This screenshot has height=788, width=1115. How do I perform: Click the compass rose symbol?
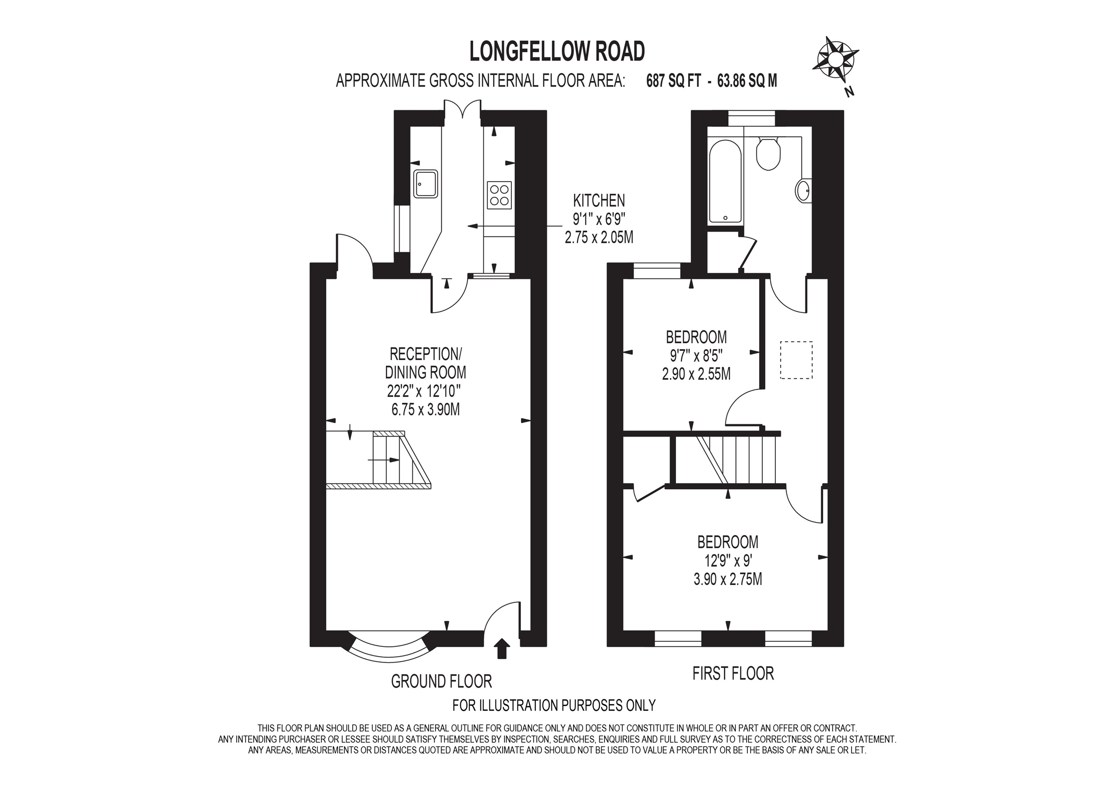(835, 59)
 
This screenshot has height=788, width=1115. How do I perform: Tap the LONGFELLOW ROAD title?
(557, 51)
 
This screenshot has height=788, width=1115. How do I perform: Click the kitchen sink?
(426, 184)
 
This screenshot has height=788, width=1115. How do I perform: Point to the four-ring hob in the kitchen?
(499, 195)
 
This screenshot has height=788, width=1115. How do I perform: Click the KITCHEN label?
(599, 200)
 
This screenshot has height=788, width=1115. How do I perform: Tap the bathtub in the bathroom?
(725, 182)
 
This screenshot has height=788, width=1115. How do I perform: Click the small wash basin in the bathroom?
(803, 190)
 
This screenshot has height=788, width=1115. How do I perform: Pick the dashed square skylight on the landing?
(796, 360)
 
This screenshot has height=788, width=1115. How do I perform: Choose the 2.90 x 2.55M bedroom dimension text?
(696, 374)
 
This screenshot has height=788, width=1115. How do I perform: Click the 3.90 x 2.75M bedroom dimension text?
(727, 579)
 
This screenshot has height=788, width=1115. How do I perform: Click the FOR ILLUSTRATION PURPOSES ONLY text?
(554, 705)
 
